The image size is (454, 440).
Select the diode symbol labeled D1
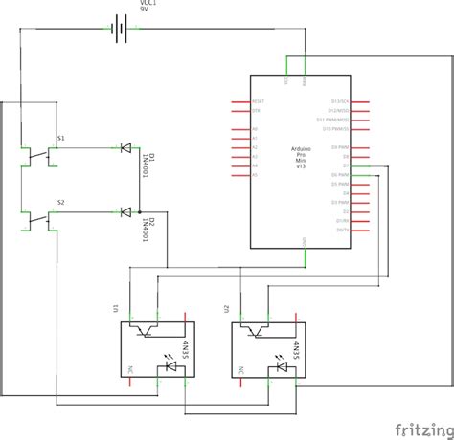point(125,147)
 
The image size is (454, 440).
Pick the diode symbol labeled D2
point(125,211)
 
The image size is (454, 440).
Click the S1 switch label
point(61,139)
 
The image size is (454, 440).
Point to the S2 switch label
point(61,203)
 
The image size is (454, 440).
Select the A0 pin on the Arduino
point(255,129)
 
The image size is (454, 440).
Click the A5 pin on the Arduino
point(255,175)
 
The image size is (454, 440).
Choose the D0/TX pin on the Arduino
point(342,231)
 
